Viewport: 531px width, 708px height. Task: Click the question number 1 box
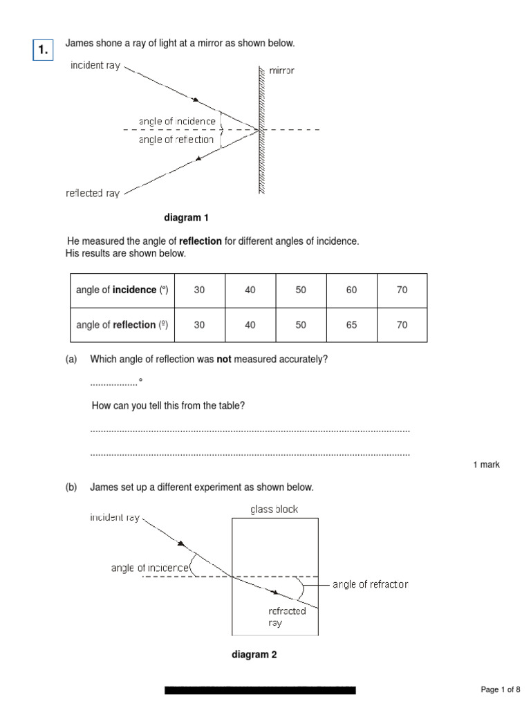point(43,49)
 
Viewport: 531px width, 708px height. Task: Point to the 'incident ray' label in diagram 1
point(96,66)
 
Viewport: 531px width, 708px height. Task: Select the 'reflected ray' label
point(93,194)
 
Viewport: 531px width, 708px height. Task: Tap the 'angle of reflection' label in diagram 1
point(176,140)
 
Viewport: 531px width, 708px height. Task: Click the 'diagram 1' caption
point(186,218)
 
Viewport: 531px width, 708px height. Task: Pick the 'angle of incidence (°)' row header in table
point(122,290)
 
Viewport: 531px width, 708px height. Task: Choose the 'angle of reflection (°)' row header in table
point(122,325)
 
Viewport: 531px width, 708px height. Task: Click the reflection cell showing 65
point(351,325)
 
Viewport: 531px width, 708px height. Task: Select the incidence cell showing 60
point(351,290)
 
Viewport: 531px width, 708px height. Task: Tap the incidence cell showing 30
point(199,290)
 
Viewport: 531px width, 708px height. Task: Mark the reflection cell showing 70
point(402,325)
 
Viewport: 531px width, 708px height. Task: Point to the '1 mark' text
point(486,465)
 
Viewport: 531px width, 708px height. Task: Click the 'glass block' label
point(274,510)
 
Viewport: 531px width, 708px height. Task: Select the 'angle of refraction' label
point(370,584)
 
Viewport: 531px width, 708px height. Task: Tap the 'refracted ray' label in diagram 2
point(287,617)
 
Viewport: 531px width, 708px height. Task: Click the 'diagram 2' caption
point(254,655)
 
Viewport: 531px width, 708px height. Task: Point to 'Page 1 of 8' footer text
point(500,689)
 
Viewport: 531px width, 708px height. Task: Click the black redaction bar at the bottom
point(260,690)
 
